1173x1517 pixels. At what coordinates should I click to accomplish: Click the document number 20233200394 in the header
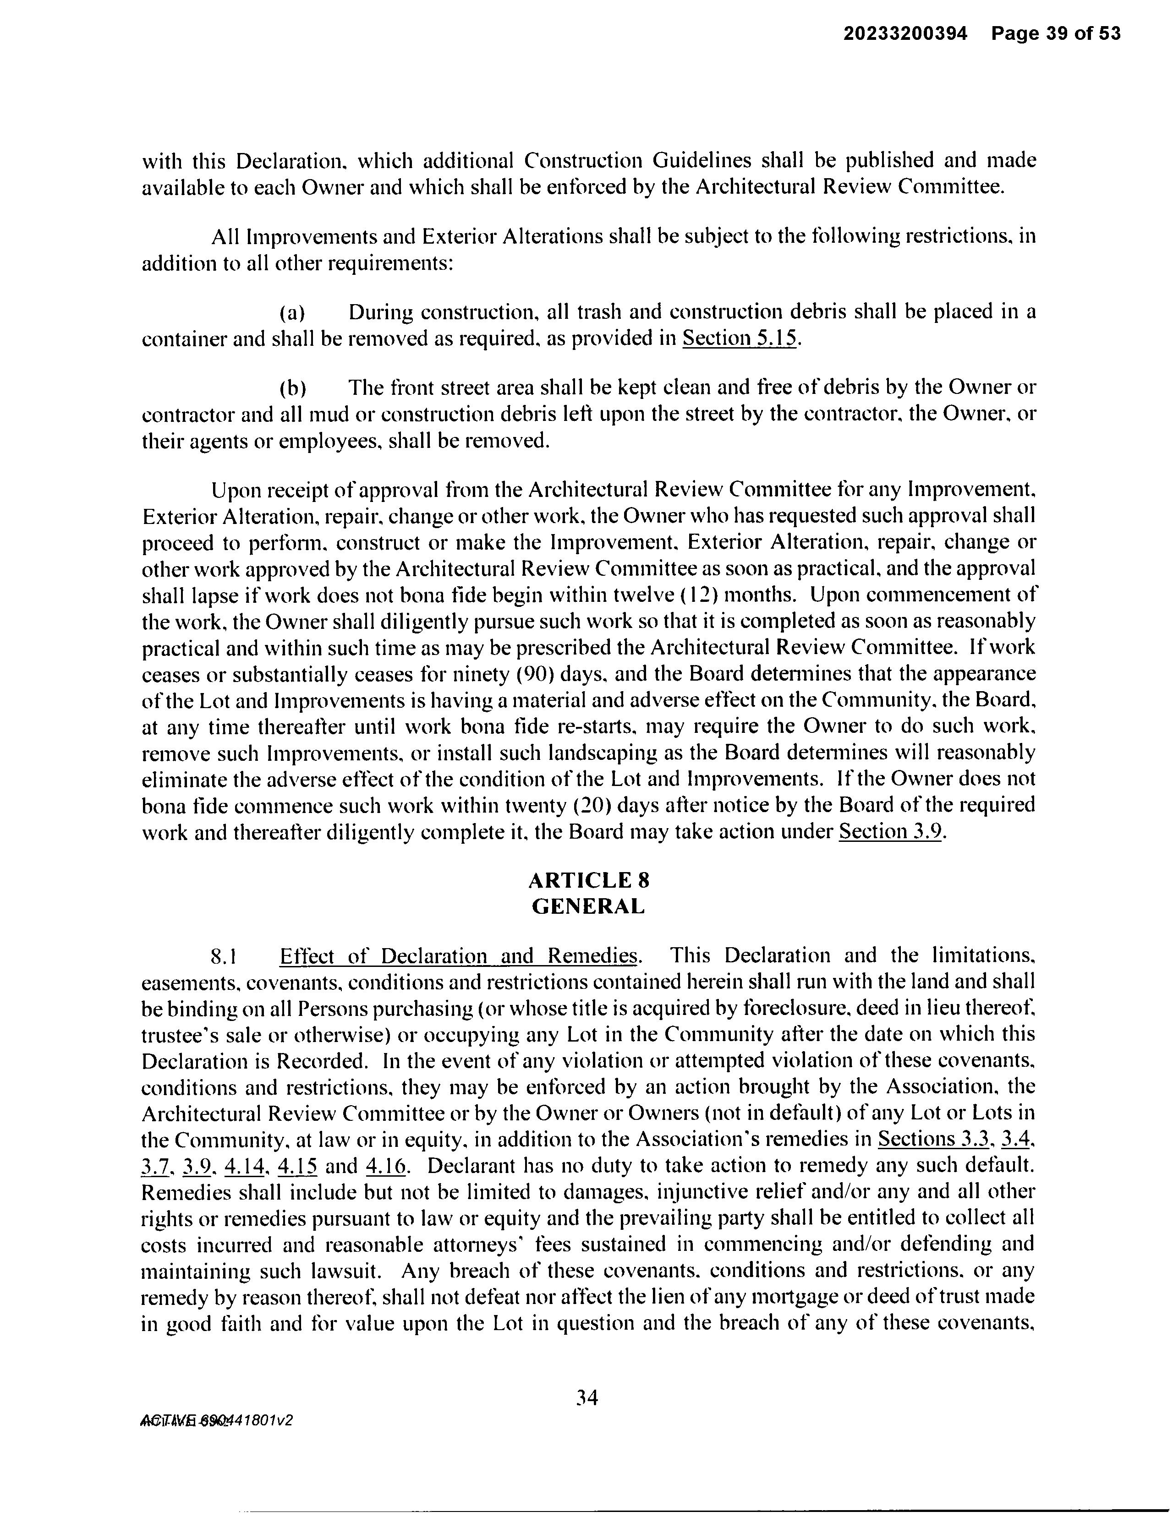point(905,33)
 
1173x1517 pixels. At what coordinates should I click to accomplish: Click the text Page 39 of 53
point(1056,33)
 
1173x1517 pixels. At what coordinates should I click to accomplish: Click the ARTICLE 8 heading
point(589,881)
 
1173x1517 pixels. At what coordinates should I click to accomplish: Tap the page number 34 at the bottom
point(587,1397)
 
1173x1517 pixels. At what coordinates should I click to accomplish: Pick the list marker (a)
point(292,313)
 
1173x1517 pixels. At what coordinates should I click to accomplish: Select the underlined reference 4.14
point(245,1166)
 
